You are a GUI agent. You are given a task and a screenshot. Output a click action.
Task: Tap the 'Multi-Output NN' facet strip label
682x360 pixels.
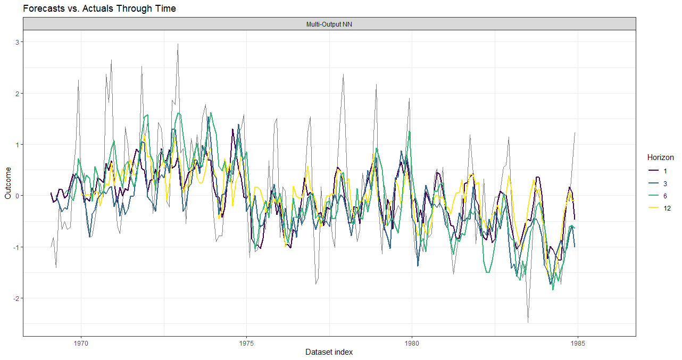[330, 24]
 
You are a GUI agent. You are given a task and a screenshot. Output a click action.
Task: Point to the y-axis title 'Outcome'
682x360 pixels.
[7, 183]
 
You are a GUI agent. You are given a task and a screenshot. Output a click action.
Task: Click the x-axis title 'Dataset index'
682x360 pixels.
[329, 352]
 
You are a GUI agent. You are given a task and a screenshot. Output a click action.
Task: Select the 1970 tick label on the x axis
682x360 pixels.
[81, 343]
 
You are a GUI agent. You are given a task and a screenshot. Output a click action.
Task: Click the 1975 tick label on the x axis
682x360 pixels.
[246, 343]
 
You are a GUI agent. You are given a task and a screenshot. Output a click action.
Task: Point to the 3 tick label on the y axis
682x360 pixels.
[17, 42]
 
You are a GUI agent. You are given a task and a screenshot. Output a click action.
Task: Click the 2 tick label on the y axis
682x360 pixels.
[17, 94]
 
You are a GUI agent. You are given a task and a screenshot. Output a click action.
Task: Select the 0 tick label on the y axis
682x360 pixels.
[17, 196]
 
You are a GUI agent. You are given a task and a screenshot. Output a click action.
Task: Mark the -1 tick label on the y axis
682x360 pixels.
[16, 247]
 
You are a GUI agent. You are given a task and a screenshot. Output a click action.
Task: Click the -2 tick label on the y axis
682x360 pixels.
[16, 298]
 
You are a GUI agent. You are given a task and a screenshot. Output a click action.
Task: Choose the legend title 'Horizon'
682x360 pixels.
[660, 157]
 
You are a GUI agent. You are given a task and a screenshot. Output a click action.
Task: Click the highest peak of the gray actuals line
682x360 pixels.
[178, 44]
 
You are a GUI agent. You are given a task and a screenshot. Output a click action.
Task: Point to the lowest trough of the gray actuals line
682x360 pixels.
[528, 322]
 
